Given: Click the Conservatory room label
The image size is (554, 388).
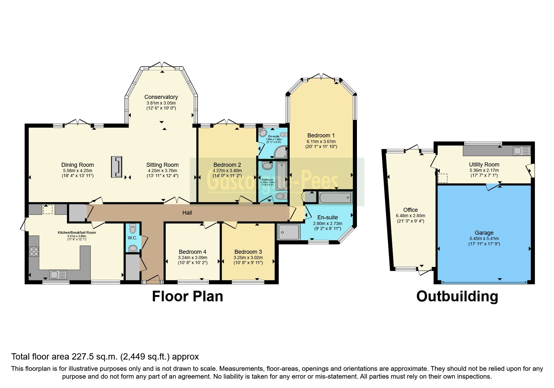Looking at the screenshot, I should coord(161,97).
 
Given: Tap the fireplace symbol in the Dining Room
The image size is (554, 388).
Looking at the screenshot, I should coord(117,167).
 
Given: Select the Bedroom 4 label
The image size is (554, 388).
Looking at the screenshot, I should coord(192,252).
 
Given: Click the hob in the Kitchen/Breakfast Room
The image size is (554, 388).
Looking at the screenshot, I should coord(34,252).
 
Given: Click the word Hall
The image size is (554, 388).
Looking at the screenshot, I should coord(187,213).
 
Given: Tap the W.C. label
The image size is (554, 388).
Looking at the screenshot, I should coord(132,238).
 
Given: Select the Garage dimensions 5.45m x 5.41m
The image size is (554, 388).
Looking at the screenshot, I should coord(484,238).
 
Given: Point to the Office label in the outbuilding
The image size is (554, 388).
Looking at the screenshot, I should coord(410,210).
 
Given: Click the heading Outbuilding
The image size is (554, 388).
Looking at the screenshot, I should coord(457,296).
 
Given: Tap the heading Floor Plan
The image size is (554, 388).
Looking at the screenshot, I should coord(187,296).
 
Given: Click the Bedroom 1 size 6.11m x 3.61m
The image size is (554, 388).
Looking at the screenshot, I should coord(321,141).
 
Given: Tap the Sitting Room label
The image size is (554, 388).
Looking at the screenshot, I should coord(162,165).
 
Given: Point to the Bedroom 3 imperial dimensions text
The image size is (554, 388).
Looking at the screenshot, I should coord(248,263).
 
